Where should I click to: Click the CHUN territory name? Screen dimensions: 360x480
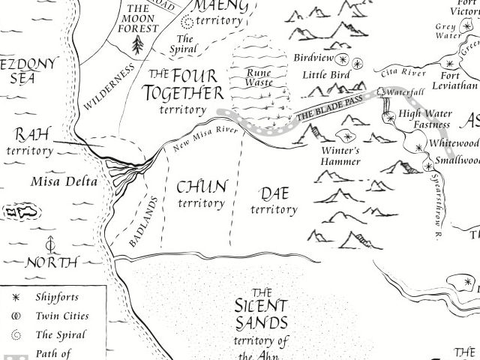[201, 193]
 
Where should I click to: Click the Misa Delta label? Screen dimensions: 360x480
[57, 181]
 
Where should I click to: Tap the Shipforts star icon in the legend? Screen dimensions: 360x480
[15, 298]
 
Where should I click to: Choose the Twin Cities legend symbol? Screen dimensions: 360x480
[15, 316]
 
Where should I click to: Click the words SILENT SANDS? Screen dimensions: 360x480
[260, 315]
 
